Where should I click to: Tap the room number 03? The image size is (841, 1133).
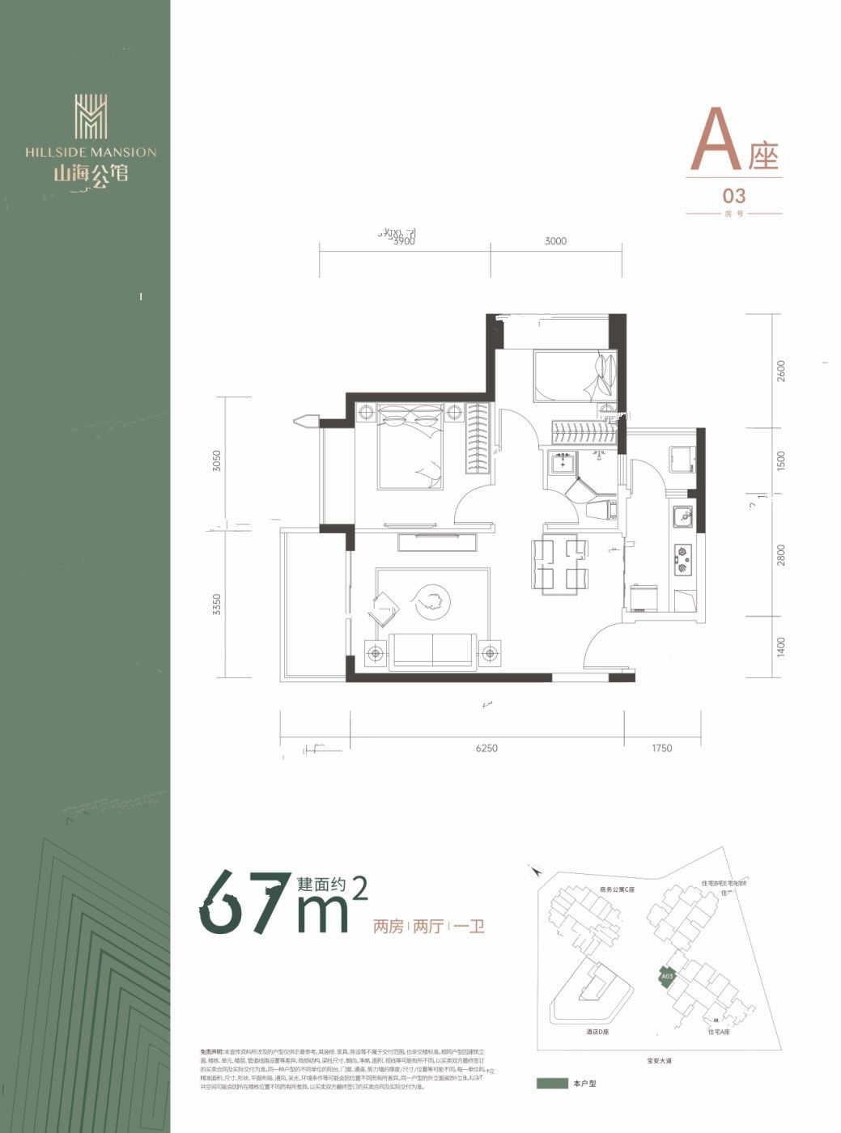click(x=733, y=196)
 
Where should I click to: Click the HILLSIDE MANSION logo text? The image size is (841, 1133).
click(x=91, y=151)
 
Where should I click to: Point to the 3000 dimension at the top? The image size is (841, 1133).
click(x=555, y=240)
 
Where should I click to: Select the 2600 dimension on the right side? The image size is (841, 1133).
click(x=780, y=371)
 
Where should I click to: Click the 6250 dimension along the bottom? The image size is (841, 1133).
click(x=486, y=749)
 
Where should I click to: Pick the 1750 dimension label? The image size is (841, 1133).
click(x=661, y=749)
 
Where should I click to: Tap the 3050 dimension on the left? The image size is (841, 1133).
click(x=215, y=460)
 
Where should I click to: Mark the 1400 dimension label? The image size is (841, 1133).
click(x=780, y=647)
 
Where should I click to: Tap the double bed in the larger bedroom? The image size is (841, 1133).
click(x=410, y=448)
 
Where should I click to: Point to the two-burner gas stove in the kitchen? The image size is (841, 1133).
click(x=683, y=559)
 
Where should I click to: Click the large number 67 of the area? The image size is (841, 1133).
click(x=244, y=902)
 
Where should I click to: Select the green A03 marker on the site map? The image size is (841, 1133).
click(x=665, y=977)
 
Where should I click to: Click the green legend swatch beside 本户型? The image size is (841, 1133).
click(x=552, y=1083)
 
